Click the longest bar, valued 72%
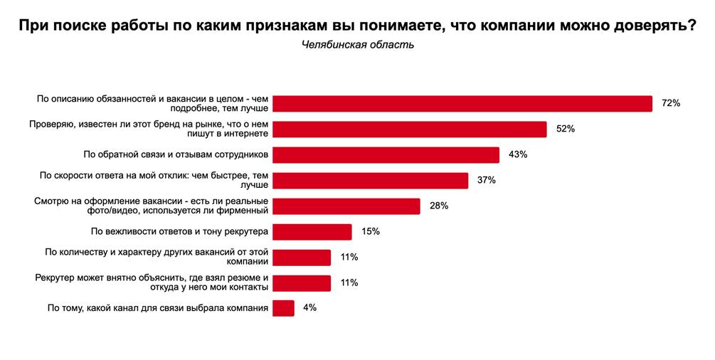(462, 103)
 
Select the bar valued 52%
(410, 129)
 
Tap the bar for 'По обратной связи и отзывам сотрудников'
(386, 154)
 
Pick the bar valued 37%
(371, 180)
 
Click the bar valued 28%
(346, 206)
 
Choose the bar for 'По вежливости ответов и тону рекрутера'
(312, 231)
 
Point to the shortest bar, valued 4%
(283, 308)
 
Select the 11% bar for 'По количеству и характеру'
(302, 257)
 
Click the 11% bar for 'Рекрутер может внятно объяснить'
(302, 282)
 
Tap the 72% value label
(671, 103)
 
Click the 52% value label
(565, 129)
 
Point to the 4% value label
(309, 308)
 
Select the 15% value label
(370, 231)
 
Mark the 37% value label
(486, 180)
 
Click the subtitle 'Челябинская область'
(357, 45)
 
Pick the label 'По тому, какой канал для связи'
(157, 308)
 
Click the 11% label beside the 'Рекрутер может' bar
(349, 282)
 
